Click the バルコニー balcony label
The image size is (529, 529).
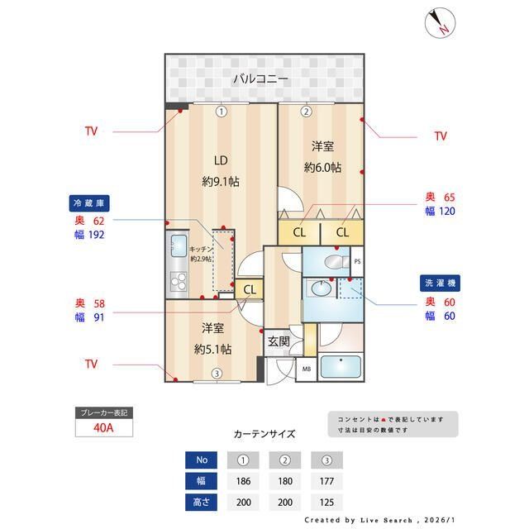point(260,79)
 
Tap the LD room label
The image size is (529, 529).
point(221,160)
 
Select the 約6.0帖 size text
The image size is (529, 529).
point(322,167)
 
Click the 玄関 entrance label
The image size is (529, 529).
point(278,341)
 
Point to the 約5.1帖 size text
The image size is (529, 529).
point(212,348)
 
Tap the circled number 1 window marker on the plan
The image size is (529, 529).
point(221,111)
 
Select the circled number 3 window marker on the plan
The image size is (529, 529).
point(216,374)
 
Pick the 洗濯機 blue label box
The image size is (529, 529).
point(439,283)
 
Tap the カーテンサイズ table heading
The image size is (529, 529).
point(264,433)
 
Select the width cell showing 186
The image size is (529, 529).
point(243,480)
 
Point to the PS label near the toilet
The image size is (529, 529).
point(357,262)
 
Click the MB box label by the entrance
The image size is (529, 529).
point(306,369)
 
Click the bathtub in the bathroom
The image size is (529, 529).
point(340,366)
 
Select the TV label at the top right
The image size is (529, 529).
point(440,136)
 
